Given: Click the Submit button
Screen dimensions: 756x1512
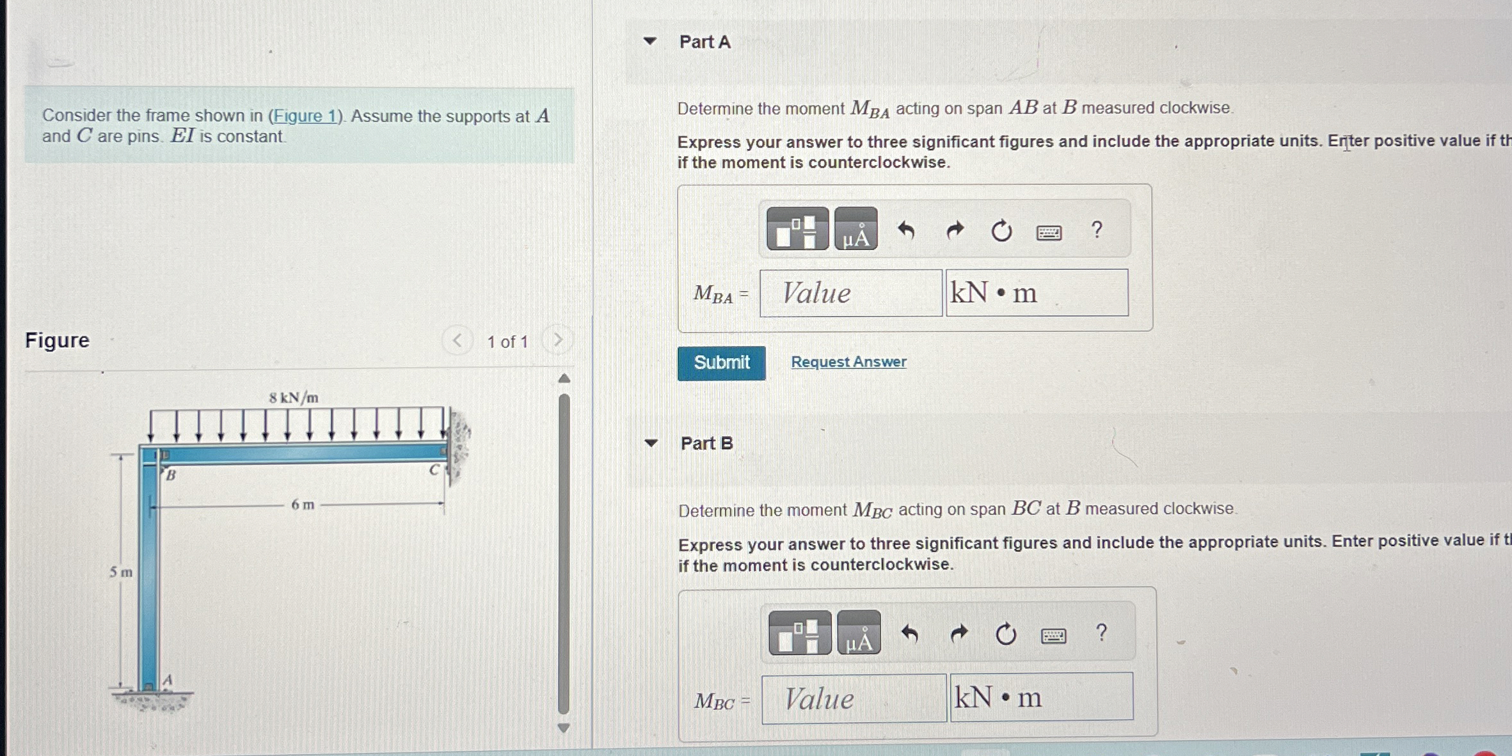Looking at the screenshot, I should pos(721,363).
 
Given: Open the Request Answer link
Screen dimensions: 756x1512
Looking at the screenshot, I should pos(848,361).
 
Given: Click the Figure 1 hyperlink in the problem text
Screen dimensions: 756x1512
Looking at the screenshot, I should pos(305,116).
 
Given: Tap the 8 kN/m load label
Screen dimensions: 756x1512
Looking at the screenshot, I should pos(294,398).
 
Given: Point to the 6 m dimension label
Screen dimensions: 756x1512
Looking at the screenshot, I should pos(303,505).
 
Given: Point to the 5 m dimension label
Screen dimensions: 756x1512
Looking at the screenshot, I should pos(120,572).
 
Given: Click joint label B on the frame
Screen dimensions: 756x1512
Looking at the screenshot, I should pos(171,475).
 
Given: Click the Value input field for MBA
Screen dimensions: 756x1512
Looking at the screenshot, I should pos(850,293).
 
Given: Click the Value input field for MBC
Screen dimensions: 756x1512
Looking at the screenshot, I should pos(853,698).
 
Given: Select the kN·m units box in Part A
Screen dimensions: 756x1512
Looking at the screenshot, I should pos(1037,293).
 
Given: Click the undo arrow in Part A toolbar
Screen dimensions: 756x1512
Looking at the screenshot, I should pos(906,230).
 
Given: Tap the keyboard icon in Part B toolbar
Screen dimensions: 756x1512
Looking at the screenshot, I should pos(1053,635).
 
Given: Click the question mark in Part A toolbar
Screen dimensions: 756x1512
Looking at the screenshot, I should pos(1097,230).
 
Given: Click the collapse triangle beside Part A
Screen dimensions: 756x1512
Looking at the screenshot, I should pos(650,42).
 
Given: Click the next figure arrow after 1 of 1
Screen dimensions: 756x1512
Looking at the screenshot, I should pos(558,340).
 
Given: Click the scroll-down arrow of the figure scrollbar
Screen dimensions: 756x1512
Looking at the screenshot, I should pos(564,728).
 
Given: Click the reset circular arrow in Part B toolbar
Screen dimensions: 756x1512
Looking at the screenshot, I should pos(1005,634).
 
